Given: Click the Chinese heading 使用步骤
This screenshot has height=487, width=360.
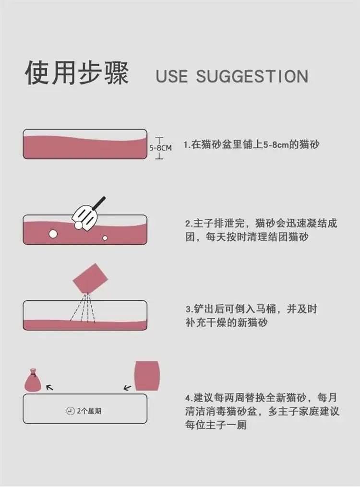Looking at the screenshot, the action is point(77,73).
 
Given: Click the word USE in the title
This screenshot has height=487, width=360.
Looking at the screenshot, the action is point(172,76).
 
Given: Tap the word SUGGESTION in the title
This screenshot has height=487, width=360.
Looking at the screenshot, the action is point(252,76).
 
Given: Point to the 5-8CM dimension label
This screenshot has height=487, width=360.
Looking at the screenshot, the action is point(160,148).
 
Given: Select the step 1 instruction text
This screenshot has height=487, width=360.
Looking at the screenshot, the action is point(251,145).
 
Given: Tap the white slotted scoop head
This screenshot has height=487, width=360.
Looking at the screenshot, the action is point(85,218).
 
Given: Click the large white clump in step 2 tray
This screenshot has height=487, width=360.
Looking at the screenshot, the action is point(53,234).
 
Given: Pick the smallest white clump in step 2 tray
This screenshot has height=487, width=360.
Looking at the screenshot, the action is point(105,238).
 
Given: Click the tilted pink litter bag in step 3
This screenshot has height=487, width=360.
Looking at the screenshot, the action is point(90,278).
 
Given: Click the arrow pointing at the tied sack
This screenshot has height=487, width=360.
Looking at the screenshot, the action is point(49,387).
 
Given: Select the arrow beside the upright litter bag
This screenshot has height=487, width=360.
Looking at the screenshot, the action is point(127,388).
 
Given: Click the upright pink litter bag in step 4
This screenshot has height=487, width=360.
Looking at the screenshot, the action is point(147,376).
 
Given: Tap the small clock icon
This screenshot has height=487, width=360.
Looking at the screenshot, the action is point(71,411).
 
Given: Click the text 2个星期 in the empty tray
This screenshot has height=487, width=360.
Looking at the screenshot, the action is point(89,411).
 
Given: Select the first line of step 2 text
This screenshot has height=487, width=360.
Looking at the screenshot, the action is point(261,223).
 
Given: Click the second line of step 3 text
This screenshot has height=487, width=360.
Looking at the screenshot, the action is point(227,322).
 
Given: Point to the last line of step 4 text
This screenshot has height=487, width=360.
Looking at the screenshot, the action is point(216,425).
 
